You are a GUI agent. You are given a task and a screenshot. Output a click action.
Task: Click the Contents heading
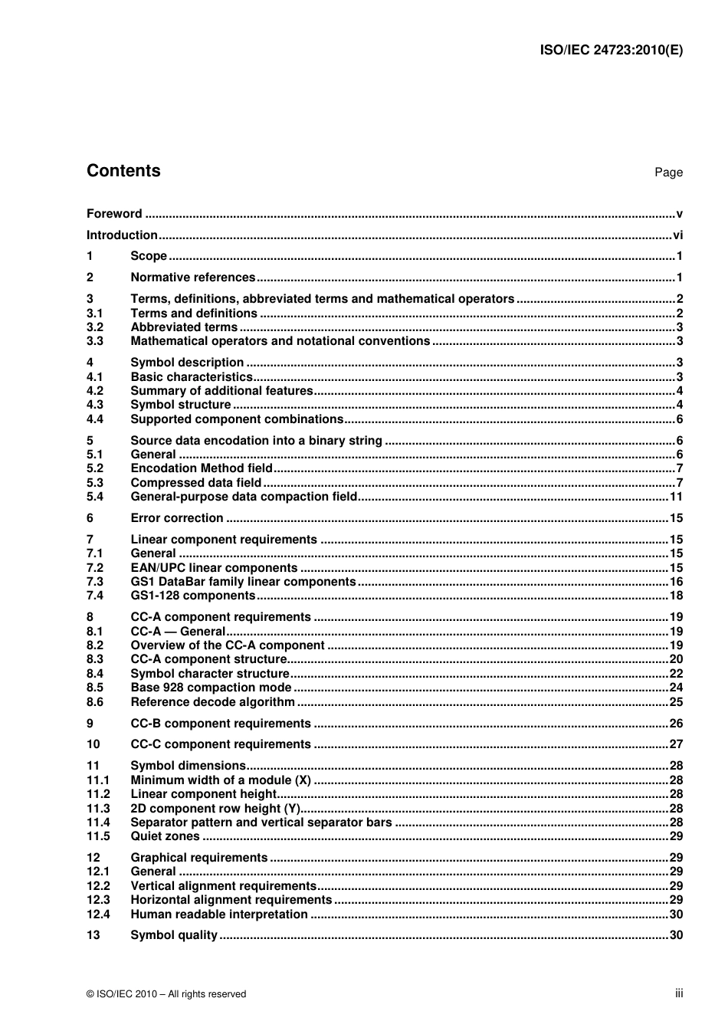point(123,171)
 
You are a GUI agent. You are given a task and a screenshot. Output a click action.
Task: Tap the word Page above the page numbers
point(668,172)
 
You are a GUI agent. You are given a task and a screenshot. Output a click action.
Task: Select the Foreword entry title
point(114,214)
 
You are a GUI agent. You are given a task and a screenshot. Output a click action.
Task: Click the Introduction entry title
point(122,235)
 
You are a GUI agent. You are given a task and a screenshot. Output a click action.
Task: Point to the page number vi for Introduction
point(677,235)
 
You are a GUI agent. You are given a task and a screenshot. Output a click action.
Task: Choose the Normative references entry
point(193,277)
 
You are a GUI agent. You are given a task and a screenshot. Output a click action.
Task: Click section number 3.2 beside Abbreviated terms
point(94,327)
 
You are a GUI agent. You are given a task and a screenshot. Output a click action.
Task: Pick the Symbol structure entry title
point(181,405)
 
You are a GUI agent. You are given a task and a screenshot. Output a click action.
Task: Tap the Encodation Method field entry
point(202,468)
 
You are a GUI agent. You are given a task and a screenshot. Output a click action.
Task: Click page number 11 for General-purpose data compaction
point(676,497)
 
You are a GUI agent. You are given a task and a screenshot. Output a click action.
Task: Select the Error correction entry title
point(177,518)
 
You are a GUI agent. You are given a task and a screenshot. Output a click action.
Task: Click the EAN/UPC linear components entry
point(214,568)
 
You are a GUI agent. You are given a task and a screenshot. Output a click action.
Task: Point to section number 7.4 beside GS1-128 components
point(94,596)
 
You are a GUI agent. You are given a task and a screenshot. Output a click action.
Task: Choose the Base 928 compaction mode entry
point(211,688)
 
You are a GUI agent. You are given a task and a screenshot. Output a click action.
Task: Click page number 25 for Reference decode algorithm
point(676,702)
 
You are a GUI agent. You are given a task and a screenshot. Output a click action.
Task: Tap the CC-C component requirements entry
point(221,744)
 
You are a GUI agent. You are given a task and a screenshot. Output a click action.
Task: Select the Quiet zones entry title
point(165,836)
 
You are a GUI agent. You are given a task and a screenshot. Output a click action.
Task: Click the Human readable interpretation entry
point(219,914)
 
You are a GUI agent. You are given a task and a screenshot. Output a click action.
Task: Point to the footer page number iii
point(679,993)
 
